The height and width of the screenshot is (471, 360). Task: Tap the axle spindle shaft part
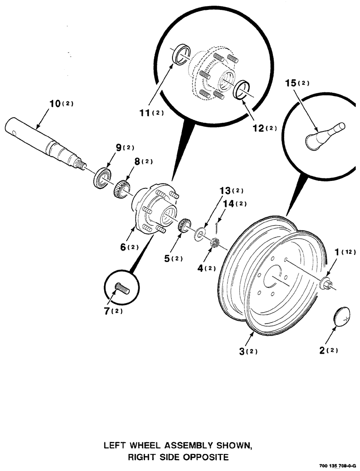pyautogui.click(x=45, y=139)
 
